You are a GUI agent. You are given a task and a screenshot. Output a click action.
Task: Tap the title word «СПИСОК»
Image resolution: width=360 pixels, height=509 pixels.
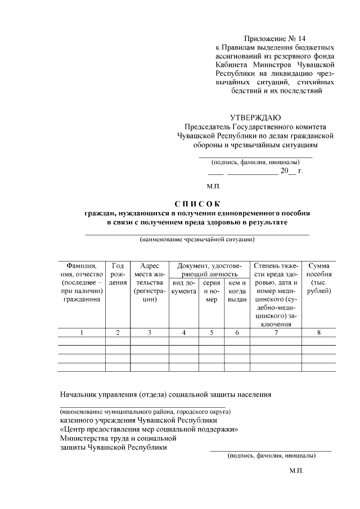[198, 204]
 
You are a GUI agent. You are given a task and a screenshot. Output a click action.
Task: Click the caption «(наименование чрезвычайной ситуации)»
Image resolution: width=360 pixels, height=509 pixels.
[197, 240]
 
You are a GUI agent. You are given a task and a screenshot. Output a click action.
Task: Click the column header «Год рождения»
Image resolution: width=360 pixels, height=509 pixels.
[118, 274]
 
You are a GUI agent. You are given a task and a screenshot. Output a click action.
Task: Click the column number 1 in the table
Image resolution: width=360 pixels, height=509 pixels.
[82, 332]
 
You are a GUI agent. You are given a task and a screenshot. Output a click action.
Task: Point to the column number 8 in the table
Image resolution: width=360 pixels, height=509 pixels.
[319, 332]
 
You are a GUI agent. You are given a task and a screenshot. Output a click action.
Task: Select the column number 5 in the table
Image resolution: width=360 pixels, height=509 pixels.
[211, 332]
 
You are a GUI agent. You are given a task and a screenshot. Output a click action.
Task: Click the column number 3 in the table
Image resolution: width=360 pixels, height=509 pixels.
[150, 332]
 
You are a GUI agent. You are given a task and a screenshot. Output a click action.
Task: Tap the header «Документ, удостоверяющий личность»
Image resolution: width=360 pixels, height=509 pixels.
[209, 269]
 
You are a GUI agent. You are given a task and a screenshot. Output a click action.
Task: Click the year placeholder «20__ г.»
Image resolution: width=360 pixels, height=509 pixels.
[291, 170]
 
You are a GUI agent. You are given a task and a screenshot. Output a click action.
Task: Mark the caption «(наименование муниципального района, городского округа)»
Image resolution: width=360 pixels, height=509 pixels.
[143, 411]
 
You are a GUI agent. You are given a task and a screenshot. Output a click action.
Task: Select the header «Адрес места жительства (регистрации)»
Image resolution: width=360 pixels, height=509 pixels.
[150, 282]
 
